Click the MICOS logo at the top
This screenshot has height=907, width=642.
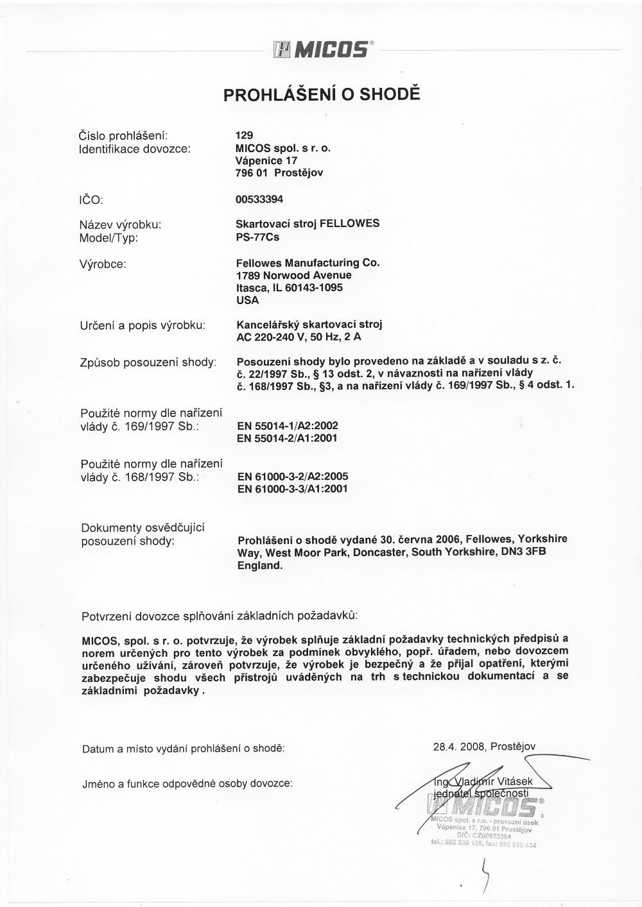(320, 49)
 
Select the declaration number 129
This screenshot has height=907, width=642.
(245, 135)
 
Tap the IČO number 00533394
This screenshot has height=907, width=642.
(259, 199)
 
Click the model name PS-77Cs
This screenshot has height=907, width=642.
(257, 236)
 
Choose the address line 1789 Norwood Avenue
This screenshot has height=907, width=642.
(294, 275)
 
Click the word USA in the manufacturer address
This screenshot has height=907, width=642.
(247, 300)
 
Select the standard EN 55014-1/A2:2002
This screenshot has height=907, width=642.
(288, 425)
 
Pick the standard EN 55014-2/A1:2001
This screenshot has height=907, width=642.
(288, 438)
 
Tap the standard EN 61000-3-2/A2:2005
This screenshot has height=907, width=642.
(293, 477)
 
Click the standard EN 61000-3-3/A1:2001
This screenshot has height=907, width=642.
(293, 489)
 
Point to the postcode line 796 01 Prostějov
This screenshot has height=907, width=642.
(279, 173)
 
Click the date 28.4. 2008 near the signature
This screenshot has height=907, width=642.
(460, 746)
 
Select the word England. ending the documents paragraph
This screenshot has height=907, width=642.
(260, 566)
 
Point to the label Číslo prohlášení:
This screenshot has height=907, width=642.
(123, 135)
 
